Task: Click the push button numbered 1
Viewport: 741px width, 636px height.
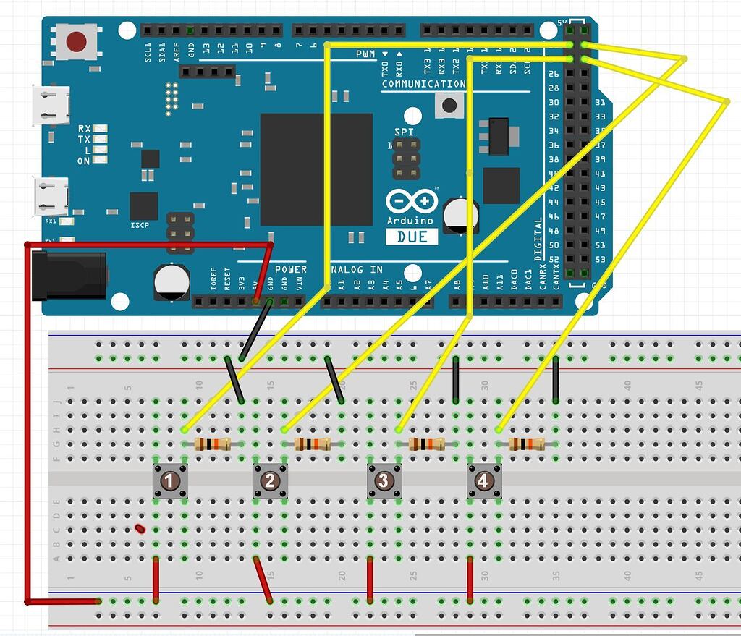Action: pyautogui.click(x=170, y=481)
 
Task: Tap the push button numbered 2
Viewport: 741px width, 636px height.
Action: pyautogui.click(x=270, y=481)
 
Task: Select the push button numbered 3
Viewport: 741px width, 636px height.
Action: pyautogui.click(x=384, y=481)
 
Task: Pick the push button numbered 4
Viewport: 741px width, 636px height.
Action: pyautogui.click(x=483, y=481)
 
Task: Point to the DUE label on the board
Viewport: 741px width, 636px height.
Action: pyautogui.click(x=411, y=237)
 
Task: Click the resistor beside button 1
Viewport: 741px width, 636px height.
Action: pyautogui.click(x=213, y=444)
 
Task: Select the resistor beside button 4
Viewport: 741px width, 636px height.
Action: pyautogui.click(x=527, y=444)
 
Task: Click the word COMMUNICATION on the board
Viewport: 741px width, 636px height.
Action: pyautogui.click(x=423, y=84)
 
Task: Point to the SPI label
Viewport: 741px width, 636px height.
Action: pyautogui.click(x=405, y=132)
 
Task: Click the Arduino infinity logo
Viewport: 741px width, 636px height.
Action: pyautogui.click(x=412, y=202)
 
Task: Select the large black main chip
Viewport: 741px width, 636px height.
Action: pyautogui.click(x=316, y=169)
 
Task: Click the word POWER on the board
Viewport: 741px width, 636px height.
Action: pyautogui.click(x=291, y=269)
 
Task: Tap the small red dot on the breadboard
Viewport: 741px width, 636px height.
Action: pyautogui.click(x=140, y=528)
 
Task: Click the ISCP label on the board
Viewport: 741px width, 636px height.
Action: pyautogui.click(x=140, y=225)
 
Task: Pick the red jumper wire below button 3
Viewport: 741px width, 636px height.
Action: pyautogui.click(x=370, y=579)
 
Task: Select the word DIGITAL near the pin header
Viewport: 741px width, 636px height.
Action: pyautogui.click(x=538, y=239)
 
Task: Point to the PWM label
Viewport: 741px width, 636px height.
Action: pyautogui.click(x=365, y=54)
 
